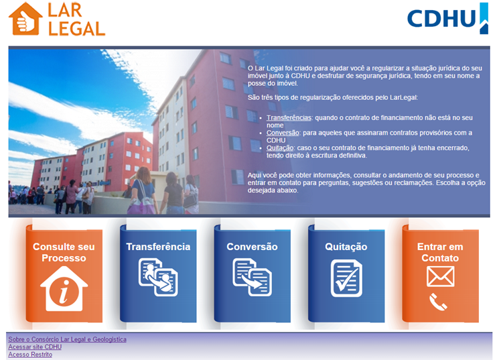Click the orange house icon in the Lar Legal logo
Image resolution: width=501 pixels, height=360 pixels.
coord(25,19)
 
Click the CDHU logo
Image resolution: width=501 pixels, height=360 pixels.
coord(447,18)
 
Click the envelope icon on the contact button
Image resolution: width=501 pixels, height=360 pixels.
coord(440,277)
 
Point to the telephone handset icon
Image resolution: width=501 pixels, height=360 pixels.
coord(438,302)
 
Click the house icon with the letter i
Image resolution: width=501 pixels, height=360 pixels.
coord(64,289)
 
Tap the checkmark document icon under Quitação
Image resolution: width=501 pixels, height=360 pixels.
coord(346,278)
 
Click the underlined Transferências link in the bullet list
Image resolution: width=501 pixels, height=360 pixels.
coord(289,118)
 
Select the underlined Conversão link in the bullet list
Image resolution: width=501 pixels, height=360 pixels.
coord(283,133)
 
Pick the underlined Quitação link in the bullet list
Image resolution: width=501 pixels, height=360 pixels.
coord(280,147)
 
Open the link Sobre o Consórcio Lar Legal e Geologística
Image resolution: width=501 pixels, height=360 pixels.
coord(68,339)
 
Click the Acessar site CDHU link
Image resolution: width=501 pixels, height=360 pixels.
coord(35,347)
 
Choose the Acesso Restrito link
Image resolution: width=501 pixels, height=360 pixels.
coord(30,355)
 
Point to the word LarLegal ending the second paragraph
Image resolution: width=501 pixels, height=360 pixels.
coord(403,97)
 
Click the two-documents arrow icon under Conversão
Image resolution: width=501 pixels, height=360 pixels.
coord(253,278)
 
